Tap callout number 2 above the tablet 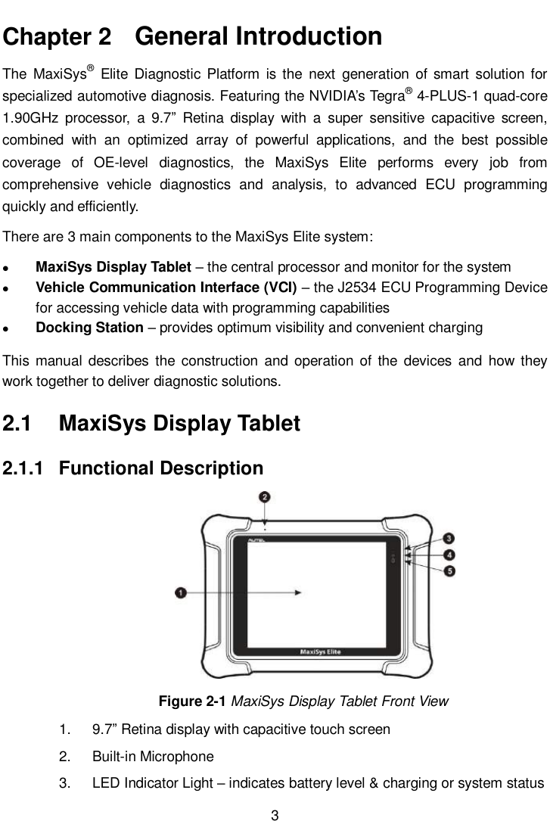coord(264,497)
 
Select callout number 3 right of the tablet coord(449,539)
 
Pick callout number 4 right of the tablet coord(449,555)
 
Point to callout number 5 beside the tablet coord(449,571)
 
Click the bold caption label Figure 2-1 coord(192,701)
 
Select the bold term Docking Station coord(90,328)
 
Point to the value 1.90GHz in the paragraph coord(32,119)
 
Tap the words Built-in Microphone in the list coord(153,756)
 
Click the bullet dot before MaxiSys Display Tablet coord(8,268)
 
